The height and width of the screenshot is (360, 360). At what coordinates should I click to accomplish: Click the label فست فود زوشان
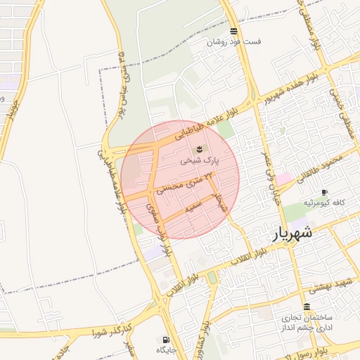pos(233,42)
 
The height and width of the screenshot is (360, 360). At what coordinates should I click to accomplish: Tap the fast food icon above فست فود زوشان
pos(233,31)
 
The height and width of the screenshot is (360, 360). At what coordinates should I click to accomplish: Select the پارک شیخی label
pos(200,160)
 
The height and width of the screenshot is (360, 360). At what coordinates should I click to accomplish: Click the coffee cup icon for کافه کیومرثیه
pos(324,192)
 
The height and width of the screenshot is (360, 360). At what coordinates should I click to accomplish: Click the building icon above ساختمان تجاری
pos(307,307)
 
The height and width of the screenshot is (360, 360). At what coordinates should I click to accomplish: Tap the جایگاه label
pos(167,349)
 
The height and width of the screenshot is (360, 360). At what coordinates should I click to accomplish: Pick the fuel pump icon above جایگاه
pos(167,339)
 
